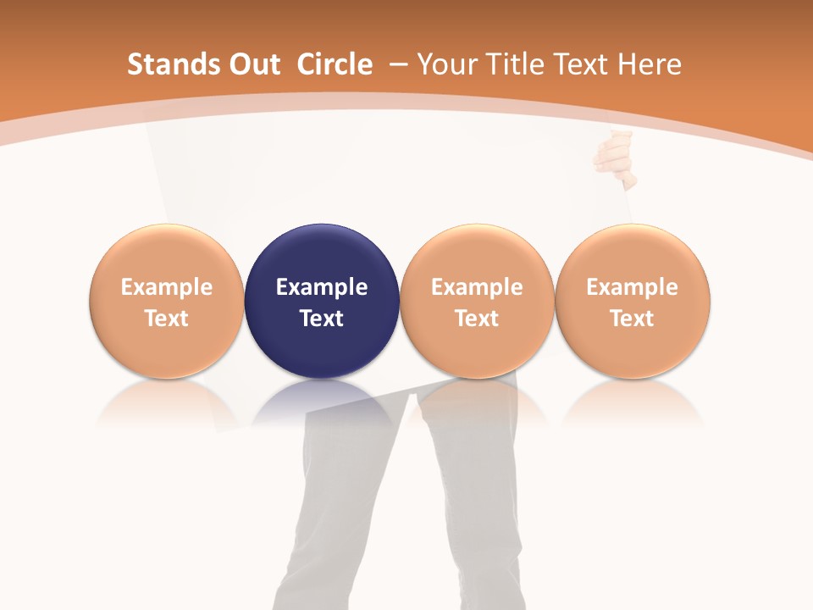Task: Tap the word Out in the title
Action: click(252, 64)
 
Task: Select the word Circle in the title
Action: click(335, 64)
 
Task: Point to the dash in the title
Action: click(398, 64)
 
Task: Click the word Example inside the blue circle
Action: click(322, 287)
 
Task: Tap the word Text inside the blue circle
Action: click(322, 319)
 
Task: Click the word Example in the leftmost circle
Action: click(167, 287)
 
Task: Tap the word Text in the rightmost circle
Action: click(633, 319)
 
